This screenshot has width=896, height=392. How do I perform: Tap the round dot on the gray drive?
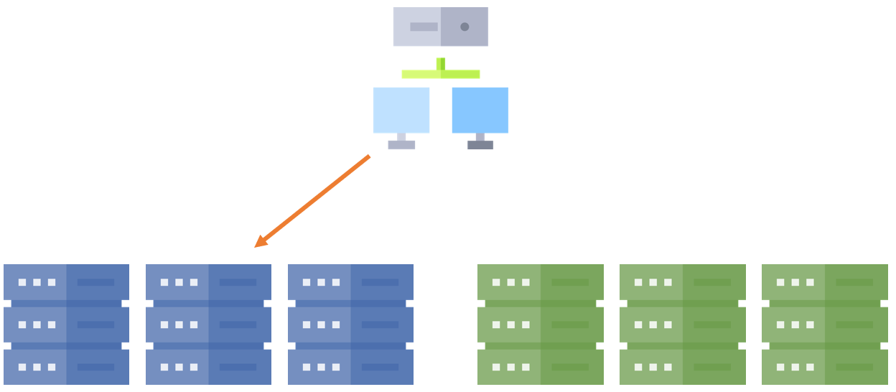(465, 27)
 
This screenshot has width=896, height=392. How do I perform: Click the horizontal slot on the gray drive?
(424, 27)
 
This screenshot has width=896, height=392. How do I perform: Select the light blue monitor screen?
(401, 110)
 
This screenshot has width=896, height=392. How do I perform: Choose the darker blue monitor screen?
(480, 110)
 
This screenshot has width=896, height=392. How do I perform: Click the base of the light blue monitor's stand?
(401, 144)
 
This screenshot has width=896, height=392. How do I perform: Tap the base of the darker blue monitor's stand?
(480, 144)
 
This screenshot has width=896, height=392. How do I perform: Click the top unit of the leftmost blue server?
(66, 282)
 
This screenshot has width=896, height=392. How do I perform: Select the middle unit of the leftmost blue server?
(66, 325)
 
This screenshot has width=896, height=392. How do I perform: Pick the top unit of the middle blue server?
(208, 282)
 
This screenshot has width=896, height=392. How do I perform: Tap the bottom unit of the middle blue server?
(208, 367)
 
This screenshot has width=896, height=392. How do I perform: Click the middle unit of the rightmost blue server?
(350, 325)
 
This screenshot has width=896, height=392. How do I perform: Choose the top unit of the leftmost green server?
(540, 282)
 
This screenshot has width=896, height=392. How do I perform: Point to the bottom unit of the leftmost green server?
(540, 367)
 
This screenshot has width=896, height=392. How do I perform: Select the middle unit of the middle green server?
(682, 325)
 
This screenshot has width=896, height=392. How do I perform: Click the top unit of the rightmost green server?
(824, 282)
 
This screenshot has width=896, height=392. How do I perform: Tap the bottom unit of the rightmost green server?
(824, 367)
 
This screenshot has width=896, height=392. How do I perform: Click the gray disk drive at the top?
(441, 27)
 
